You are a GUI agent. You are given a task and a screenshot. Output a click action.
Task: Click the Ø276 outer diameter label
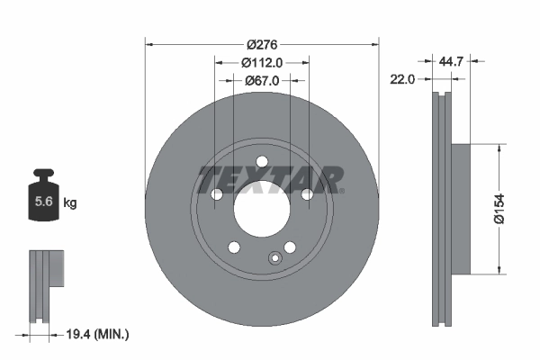pyautogui.click(x=262, y=44)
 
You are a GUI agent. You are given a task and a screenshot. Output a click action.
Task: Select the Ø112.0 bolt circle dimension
pyautogui.click(x=263, y=62)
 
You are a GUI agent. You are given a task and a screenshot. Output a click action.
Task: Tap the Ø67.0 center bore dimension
pyautogui.click(x=263, y=80)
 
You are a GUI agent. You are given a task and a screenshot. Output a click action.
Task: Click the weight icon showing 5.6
pyautogui.click(x=41, y=201)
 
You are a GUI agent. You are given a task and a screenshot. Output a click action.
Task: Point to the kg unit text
pyautogui.click(x=70, y=203)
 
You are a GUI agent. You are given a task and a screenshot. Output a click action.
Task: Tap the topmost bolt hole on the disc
pyautogui.click(x=262, y=162)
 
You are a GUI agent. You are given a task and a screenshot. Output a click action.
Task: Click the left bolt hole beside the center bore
pyautogui.click(x=217, y=194)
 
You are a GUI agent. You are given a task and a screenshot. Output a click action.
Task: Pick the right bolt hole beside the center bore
pyautogui.click(x=307, y=194)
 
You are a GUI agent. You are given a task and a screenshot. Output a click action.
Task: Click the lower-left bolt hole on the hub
pyautogui.click(x=234, y=247)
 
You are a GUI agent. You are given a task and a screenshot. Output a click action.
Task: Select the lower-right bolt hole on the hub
pyautogui.click(x=290, y=247)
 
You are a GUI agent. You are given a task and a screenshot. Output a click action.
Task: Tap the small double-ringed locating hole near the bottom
pyautogui.click(x=274, y=260)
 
